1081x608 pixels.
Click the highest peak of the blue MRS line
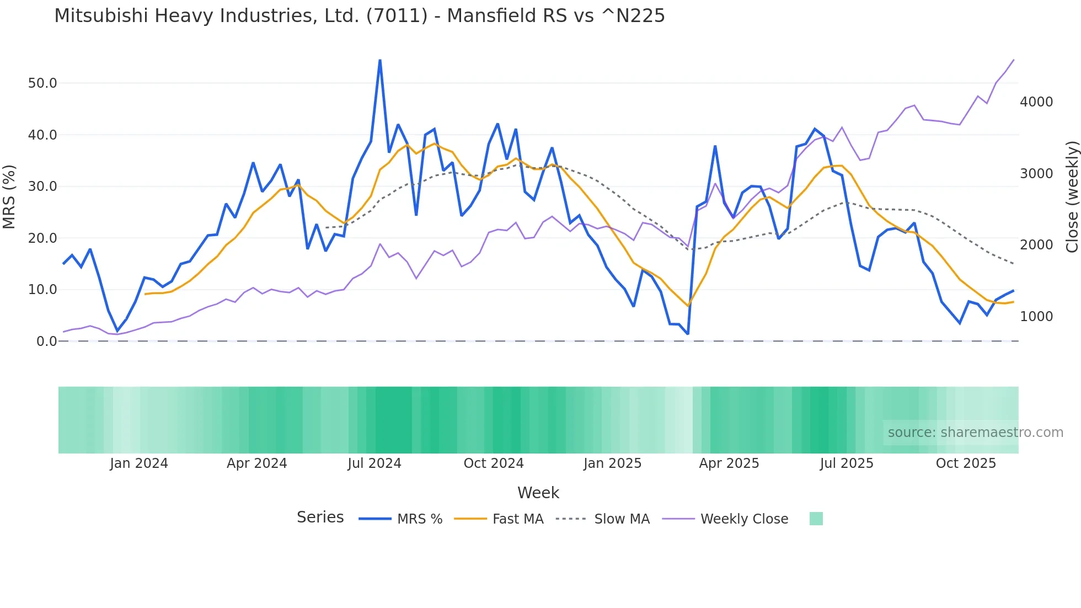(x=380, y=60)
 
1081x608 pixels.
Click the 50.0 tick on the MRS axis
(x=42, y=83)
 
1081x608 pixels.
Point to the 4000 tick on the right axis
(x=1036, y=102)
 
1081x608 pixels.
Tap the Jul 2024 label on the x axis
(x=374, y=463)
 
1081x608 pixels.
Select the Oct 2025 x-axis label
(x=966, y=463)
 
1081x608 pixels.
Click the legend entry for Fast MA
(x=517, y=519)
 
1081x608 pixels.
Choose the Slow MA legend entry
(x=622, y=519)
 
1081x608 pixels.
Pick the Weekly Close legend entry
(x=744, y=519)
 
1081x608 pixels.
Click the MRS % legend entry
(x=420, y=519)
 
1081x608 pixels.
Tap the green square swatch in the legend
(x=816, y=519)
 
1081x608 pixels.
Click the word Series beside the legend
(x=320, y=518)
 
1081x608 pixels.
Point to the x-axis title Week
(x=538, y=493)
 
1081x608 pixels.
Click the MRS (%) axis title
(x=9, y=196)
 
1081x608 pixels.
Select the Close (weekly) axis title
(x=1072, y=196)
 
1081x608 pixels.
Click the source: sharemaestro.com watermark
(x=975, y=433)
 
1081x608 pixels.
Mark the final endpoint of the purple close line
(x=1014, y=60)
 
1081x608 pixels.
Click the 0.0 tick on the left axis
(x=46, y=342)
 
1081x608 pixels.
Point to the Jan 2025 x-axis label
(x=612, y=463)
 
